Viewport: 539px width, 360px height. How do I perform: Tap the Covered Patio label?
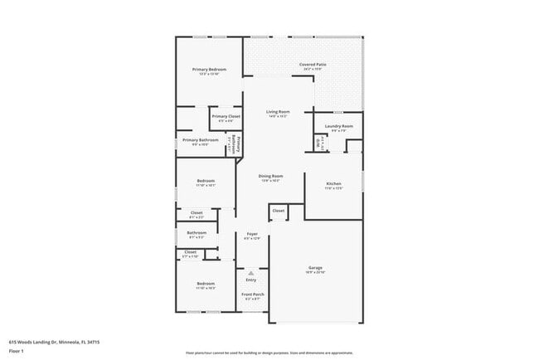312,65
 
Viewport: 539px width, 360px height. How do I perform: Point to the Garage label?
315,268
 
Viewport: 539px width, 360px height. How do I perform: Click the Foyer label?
252,234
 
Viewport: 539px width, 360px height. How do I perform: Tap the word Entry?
251,280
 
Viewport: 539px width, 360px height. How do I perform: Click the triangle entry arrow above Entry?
251,271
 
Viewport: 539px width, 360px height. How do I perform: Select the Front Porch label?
251,294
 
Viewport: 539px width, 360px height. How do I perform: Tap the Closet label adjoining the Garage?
279,211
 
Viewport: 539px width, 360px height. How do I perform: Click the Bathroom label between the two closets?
197,233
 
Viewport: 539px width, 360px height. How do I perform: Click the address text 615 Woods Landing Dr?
41,341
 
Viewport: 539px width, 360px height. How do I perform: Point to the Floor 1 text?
17,351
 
